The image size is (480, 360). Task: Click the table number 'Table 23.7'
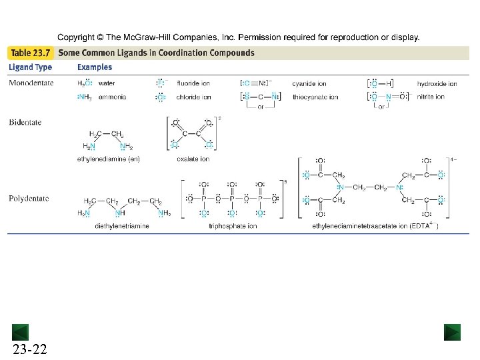[31, 53]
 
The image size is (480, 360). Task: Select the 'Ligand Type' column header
[30, 67]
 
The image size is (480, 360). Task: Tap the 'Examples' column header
[95, 67]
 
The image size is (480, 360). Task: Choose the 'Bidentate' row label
[25, 121]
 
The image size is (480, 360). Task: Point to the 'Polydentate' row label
[27, 198]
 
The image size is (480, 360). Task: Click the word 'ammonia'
[112, 97]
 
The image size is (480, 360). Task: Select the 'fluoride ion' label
[193, 84]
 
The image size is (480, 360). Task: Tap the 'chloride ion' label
[193, 97]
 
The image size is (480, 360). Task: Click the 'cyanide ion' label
[309, 84]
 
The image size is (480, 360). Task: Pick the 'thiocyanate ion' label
[315, 97]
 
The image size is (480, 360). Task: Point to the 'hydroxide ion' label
[437, 84]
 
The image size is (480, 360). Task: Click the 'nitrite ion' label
[431, 97]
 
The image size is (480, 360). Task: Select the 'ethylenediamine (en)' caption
[108, 159]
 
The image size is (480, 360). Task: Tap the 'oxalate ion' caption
[193, 159]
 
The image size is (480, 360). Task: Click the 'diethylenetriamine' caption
[122, 226]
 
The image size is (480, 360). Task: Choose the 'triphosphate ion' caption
[233, 226]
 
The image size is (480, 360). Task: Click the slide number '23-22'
[29, 349]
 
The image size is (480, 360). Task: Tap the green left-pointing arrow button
[20, 332]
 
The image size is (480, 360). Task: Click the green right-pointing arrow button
[453, 332]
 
